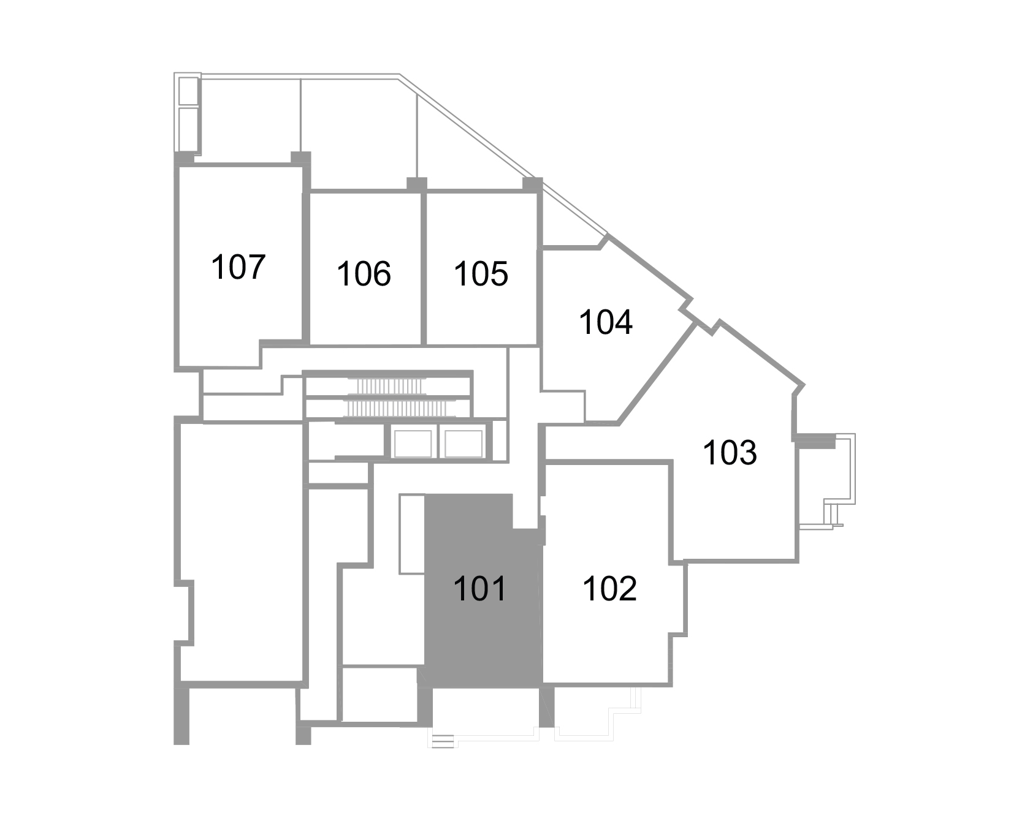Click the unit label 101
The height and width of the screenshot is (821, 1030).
click(x=480, y=589)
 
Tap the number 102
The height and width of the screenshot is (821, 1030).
click(x=610, y=589)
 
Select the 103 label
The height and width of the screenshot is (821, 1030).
click(x=730, y=453)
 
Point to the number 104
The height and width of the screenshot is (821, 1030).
click(x=606, y=322)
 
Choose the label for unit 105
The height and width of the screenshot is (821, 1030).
click(x=481, y=273)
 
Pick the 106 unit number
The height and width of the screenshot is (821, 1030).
click(x=364, y=273)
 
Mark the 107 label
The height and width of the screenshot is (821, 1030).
click(x=238, y=267)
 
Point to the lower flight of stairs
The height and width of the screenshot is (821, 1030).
click(x=403, y=409)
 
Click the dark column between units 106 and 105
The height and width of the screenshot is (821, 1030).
click(x=417, y=184)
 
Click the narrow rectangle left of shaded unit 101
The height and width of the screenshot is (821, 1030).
click(x=412, y=534)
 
